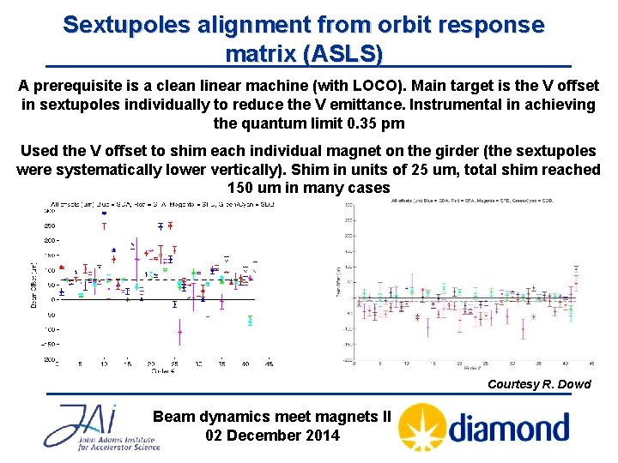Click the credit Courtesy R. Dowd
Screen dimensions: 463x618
click(539, 384)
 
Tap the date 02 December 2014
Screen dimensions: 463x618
click(272, 435)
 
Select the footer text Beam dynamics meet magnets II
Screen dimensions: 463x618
click(271, 417)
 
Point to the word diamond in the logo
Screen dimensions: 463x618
click(509, 427)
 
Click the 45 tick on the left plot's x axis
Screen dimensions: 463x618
click(268, 364)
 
